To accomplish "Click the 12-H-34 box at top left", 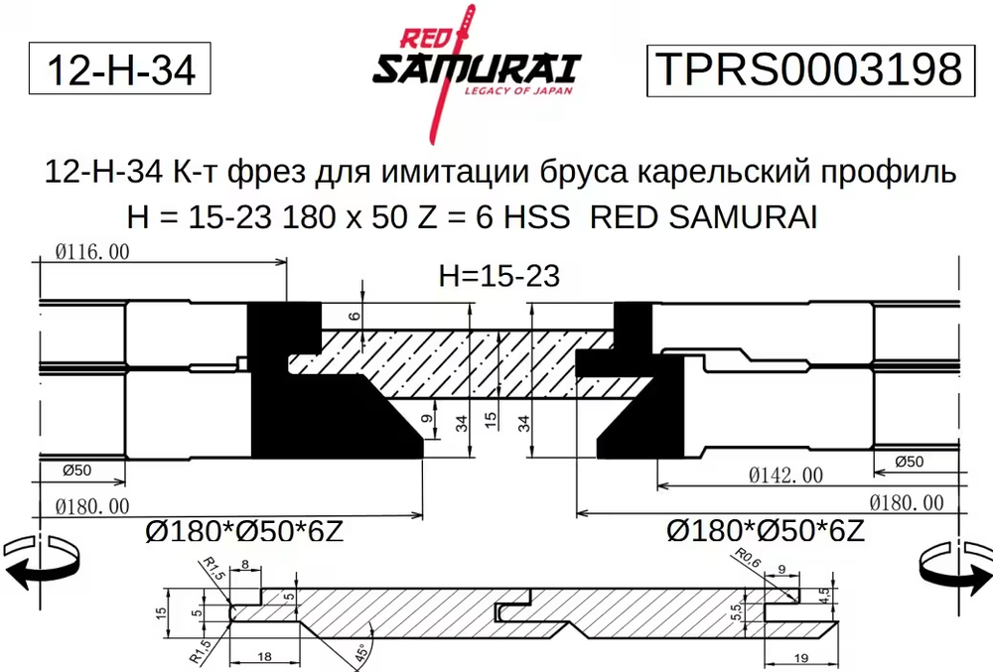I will click(120, 70).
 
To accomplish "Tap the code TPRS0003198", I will click(806, 70).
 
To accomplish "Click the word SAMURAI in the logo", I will click(476, 68).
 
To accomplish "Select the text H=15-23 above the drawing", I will click(498, 276).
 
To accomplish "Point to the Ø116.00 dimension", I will click(92, 252).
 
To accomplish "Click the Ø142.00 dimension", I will click(784, 476).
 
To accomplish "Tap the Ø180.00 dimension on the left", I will click(92, 506).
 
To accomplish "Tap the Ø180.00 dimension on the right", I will click(907, 503).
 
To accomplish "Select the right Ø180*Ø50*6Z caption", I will click(766, 532).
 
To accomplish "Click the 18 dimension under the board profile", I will click(264, 657).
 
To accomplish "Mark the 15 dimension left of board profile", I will click(160, 614).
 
